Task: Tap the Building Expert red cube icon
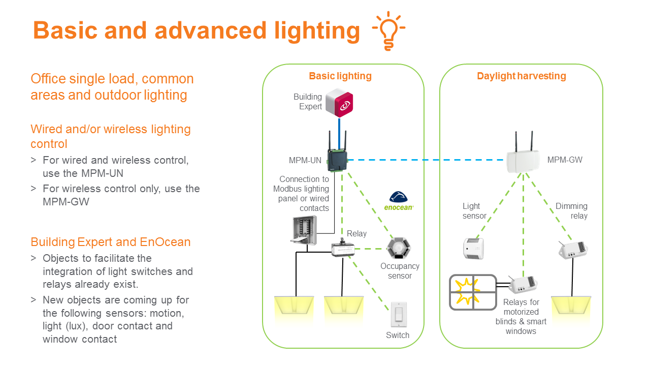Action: pyautogui.click(x=339, y=103)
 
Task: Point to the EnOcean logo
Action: pyautogui.click(x=401, y=200)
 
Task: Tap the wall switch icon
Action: pyautogui.click(x=398, y=315)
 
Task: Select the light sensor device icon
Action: pyautogui.click(x=473, y=248)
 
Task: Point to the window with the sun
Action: pyautogui.click(x=473, y=292)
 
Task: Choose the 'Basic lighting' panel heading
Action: pyautogui.click(x=340, y=76)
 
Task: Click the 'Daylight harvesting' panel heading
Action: pyautogui.click(x=521, y=76)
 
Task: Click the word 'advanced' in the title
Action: pyautogui.click(x=210, y=30)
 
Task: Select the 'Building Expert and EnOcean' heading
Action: pyautogui.click(x=111, y=242)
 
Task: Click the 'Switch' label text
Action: pyautogui.click(x=398, y=335)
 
